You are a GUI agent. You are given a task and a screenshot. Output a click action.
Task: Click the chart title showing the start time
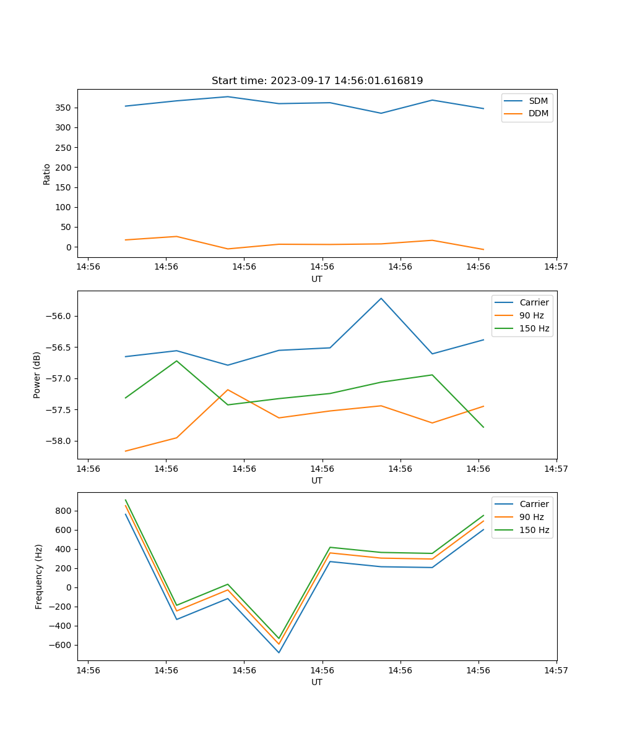317,81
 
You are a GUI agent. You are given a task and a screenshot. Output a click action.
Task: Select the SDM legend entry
538,101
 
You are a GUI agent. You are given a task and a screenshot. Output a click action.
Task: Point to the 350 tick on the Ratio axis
64,108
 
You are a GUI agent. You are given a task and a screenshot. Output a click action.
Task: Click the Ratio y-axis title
47,174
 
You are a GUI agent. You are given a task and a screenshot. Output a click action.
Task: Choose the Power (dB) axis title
37,375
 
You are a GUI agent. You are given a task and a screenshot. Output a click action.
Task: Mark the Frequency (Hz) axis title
38,576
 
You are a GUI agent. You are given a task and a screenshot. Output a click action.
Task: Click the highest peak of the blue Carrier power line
381,298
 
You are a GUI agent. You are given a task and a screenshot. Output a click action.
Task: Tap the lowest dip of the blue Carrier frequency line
279,652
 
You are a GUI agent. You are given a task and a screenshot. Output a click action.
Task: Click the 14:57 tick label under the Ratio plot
556,267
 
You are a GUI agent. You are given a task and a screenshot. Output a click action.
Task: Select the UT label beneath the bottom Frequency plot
317,682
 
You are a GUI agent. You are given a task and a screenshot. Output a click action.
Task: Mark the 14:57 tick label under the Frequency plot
556,670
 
